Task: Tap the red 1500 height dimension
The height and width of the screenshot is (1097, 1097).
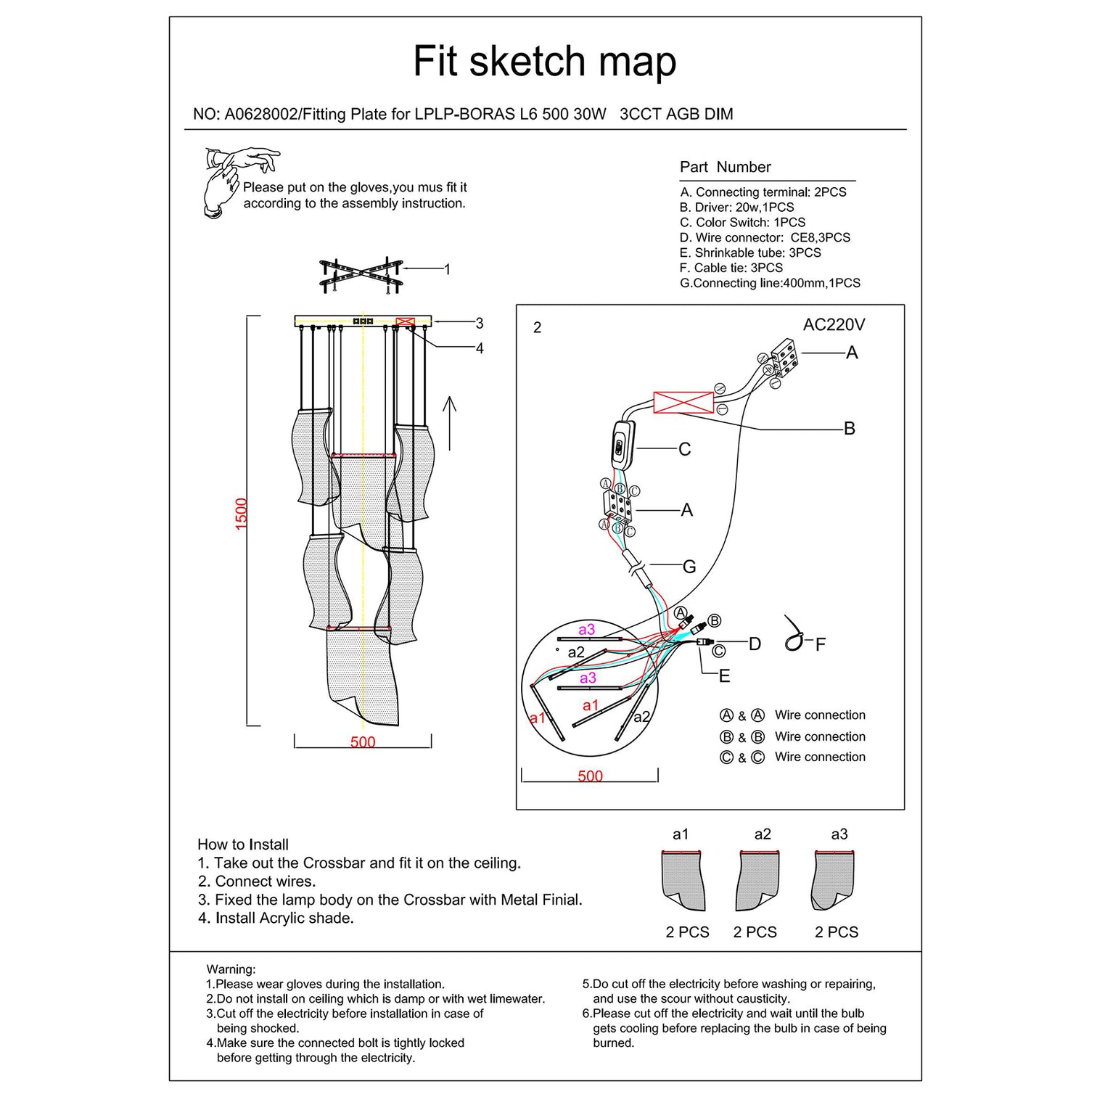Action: (x=242, y=513)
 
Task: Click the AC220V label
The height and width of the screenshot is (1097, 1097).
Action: (x=834, y=325)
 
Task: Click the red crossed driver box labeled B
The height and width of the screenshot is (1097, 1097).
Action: (x=683, y=403)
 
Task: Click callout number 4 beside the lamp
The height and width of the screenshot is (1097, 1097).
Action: (x=480, y=349)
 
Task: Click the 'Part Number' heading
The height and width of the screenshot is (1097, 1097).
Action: (x=725, y=167)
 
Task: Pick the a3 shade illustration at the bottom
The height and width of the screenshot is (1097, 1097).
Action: (x=834, y=880)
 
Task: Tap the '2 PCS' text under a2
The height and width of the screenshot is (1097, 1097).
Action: (x=755, y=932)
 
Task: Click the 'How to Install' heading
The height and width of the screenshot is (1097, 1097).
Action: (x=243, y=845)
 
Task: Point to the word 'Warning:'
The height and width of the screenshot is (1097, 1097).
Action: (x=231, y=969)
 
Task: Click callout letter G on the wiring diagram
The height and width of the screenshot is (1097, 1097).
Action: (x=689, y=567)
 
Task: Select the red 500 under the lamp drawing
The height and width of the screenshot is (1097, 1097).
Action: (x=363, y=742)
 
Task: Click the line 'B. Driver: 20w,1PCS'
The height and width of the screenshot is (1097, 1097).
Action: (x=737, y=208)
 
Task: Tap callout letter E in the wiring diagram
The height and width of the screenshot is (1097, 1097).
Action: (x=724, y=676)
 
